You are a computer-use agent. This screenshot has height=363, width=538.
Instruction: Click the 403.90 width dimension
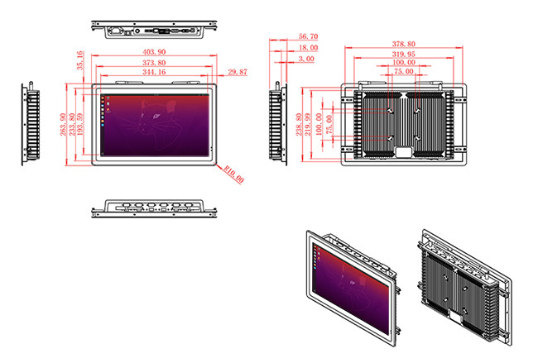[x=153, y=52]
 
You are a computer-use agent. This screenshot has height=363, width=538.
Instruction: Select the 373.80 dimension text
[x=153, y=62]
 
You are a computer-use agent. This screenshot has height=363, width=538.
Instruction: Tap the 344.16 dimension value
[x=153, y=73]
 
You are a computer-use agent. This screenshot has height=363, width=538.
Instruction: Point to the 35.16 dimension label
[x=79, y=60]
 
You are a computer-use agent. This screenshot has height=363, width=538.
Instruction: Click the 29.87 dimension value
[x=237, y=73]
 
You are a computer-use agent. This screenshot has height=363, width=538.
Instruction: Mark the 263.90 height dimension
[x=63, y=126]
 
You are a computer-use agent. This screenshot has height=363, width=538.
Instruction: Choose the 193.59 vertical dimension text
[x=81, y=126]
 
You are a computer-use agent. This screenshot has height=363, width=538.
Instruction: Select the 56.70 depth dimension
[x=307, y=37]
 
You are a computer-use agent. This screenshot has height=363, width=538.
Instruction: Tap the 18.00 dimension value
[x=307, y=48]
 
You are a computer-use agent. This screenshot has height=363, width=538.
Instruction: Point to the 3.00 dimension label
[x=307, y=60]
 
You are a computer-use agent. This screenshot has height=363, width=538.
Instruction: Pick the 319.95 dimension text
[x=405, y=54]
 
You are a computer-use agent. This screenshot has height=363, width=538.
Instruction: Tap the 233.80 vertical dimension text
[x=72, y=126]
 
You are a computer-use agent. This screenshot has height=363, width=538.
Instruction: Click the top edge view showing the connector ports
[x=154, y=31]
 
